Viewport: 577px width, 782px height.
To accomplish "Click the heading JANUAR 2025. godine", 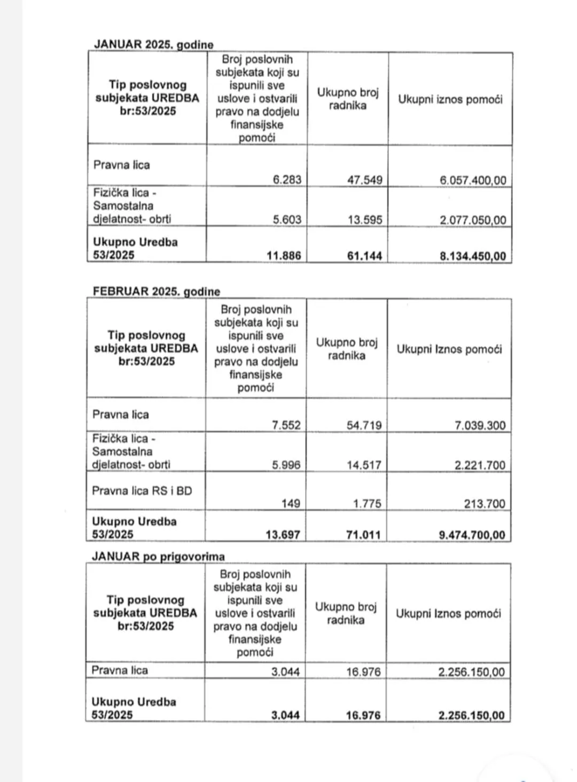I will click(x=153, y=44).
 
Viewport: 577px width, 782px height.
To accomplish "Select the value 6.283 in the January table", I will click(x=287, y=179).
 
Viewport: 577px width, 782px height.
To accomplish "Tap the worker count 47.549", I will click(x=365, y=180).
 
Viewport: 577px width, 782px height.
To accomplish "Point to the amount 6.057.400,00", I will click(x=473, y=181).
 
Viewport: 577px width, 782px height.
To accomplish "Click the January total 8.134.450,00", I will click(x=472, y=256).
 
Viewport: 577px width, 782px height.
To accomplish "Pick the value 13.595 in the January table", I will click(x=365, y=220).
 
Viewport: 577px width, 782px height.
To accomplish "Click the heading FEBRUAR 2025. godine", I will click(x=156, y=292).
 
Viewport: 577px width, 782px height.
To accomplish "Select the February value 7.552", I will click(x=286, y=425).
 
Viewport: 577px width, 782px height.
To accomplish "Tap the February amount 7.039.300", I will click(x=480, y=426).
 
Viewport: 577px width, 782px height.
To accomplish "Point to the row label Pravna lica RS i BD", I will click(x=142, y=491).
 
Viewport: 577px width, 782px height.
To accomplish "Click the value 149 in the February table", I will click(x=291, y=503).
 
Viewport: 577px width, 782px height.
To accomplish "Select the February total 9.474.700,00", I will click(x=472, y=535).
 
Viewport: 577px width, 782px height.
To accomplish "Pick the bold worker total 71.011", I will click(x=363, y=534).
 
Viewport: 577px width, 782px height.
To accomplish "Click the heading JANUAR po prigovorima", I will click(x=158, y=556).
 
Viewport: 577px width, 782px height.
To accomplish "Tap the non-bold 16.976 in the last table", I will click(x=363, y=672).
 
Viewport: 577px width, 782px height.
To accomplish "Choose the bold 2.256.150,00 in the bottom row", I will click(x=471, y=715).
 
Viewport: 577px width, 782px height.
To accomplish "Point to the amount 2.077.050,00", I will click(x=473, y=220).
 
